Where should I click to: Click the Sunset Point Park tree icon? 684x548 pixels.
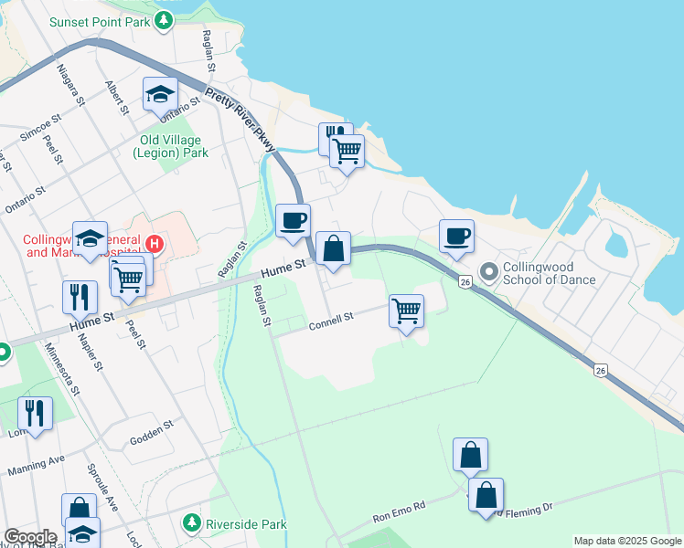point(163,20)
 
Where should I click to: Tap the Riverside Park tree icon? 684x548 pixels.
point(192,523)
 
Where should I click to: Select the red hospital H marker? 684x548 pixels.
point(155,245)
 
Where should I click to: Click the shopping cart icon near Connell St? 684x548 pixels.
point(406,311)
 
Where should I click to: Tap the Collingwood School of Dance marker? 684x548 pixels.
point(488,271)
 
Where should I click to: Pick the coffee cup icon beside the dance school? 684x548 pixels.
point(456,236)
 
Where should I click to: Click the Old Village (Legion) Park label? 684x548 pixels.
point(174,146)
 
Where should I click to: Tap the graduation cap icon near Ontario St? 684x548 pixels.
point(159,93)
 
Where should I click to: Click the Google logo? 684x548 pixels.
point(30,537)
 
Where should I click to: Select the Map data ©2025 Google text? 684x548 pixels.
point(626,541)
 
